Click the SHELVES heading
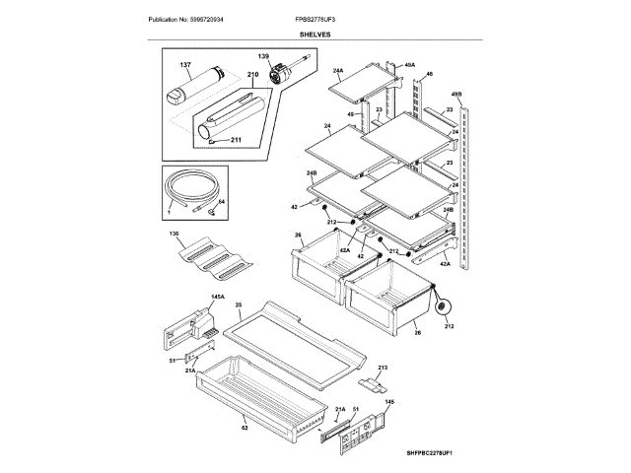point(315,34)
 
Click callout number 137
point(184,66)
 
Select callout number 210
point(251,75)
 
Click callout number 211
point(236,140)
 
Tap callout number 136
point(174,234)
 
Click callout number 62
point(244,427)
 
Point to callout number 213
point(383,366)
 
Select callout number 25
point(238,306)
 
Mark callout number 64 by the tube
point(222,202)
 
